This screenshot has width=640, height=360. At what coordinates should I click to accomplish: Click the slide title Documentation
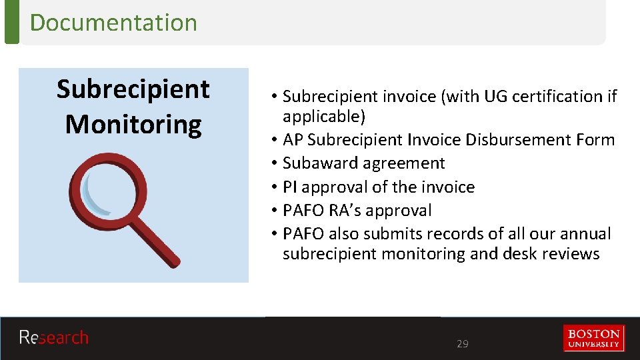pyautogui.click(x=113, y=23)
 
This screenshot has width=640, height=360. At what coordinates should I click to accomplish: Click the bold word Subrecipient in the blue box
pyautogui.click(x=133, y=89)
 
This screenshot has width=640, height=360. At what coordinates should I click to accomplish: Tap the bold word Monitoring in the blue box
pyautogui.click(x=133, y=125)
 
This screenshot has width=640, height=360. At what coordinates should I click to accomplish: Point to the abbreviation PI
pyautogui.click(x=290, y=187)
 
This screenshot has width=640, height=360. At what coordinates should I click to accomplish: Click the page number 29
pyautogui.click(x=462, y=344)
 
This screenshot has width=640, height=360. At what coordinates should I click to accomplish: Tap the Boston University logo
pyautogui.click(x=593, y=338)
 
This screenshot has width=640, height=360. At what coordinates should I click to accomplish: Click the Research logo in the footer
pyautogui.click(x=53, y=338)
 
